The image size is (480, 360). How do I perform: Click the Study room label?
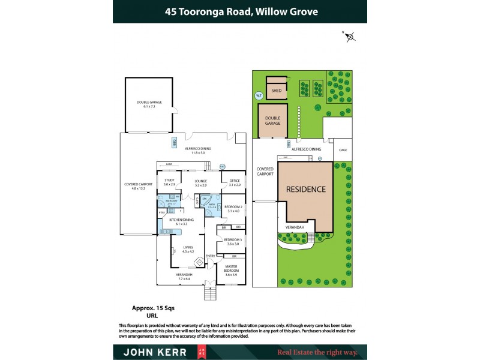tap(169, 181)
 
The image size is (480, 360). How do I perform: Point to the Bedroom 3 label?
tap(233, 239)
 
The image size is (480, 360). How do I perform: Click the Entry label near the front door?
tap(210, 256)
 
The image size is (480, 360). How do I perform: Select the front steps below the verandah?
tap(210, 293)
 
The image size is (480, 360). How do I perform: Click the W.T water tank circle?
tap(259, 95)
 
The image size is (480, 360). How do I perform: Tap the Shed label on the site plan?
tap(276, 91)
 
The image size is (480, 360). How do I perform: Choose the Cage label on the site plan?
tap(343, 149)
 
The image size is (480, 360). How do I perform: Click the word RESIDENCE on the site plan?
tap(305, 189)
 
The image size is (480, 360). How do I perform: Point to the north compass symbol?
tap(350, 37)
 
